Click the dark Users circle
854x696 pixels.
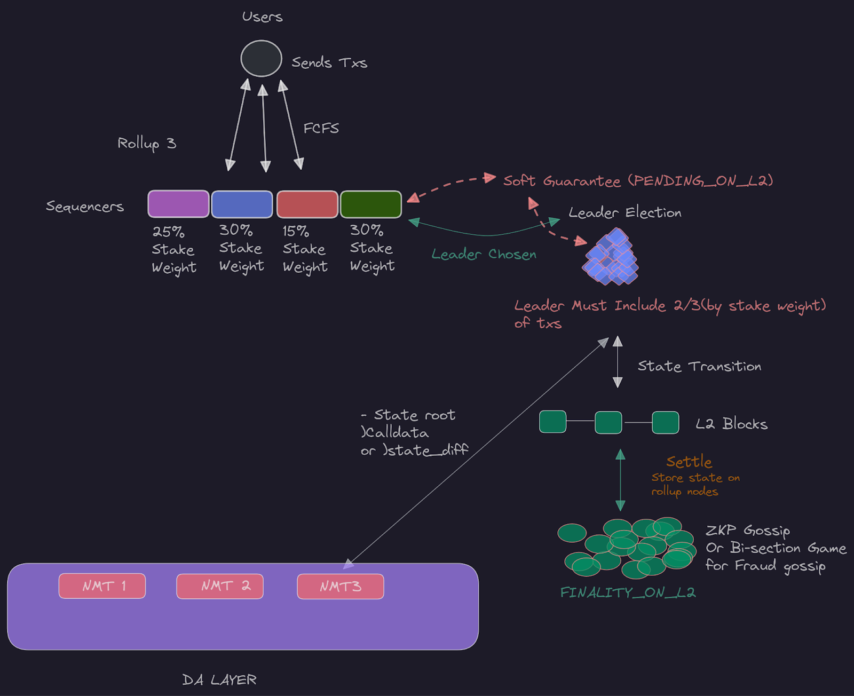(261, 59)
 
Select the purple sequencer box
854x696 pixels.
(178, 204)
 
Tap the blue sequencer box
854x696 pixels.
(242, 204)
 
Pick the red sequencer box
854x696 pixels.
(307, 204)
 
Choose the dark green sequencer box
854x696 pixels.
(371, 204)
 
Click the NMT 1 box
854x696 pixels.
(102, 586)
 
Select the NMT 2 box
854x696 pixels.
(220, 586)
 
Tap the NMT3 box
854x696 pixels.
(341, 587)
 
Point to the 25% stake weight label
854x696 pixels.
(173, 249)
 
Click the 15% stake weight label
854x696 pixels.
(304, 249)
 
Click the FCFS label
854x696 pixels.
(321, 129)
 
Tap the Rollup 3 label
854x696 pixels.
(146, 143)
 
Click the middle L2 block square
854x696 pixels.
(608, 422)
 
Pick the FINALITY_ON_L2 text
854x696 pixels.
(628, 592)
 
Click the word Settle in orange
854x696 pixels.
(689, 462)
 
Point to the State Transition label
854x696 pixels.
(699, 366)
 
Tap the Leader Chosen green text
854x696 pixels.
(484, 255)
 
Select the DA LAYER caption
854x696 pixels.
(219, 679)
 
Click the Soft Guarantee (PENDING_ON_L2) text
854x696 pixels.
(638, 181)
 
